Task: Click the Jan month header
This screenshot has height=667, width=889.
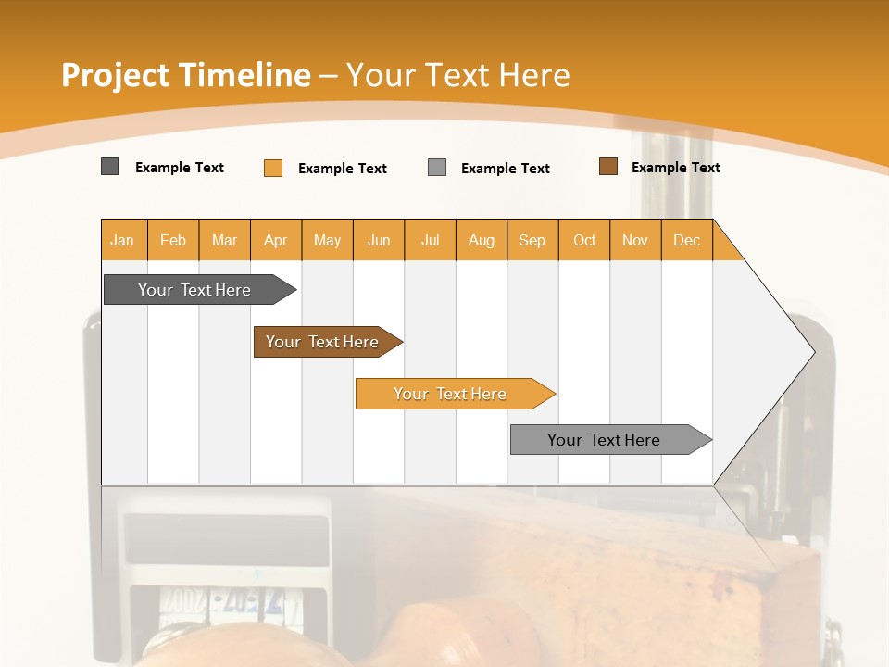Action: tap(123, 240)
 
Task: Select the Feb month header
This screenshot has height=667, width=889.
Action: tap(173, 240)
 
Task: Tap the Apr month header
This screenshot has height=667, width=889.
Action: tap(276, 240)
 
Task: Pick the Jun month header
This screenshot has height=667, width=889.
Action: tap(379, 240)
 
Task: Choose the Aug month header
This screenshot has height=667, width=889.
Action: tap(482, 240)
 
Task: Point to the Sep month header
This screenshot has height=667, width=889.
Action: tap(532, 240)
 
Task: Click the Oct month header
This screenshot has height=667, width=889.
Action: tap(584, 240)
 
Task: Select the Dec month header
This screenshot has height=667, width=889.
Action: tap(687, 240)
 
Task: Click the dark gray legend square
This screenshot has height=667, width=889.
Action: tap(110, 167)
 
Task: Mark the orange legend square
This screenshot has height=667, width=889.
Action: tap(273, 168)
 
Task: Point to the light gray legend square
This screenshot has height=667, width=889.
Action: tap(437, 168)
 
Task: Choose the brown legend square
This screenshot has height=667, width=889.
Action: tap(608, 167)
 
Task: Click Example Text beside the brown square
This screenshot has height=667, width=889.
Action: tap(675, 168)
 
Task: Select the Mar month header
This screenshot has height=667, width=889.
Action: tap(224, 240)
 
